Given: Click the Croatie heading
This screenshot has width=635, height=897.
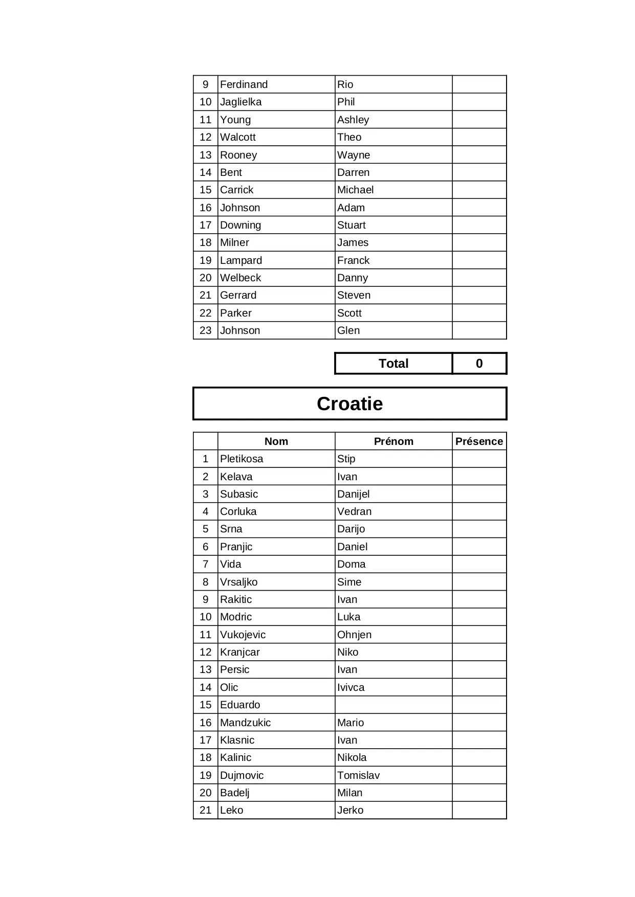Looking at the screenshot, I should coord(349,403).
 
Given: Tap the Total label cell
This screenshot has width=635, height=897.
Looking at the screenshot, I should coord(393,364).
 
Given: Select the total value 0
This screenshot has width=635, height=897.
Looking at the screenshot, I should coord(479,364).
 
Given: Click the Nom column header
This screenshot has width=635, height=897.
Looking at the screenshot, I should coord(276,441).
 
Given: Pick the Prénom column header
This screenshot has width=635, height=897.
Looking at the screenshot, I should coord(393,441).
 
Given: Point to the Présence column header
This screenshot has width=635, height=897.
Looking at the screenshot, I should coord(479,441).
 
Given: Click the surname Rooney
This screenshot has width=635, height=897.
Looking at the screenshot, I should coord(238,155).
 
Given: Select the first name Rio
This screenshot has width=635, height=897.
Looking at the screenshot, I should coord(345,84).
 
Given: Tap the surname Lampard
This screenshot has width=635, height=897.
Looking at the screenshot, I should coord(241,260).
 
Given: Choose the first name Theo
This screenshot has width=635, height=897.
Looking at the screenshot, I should coord(349,137).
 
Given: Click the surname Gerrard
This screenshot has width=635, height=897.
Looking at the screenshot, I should coord(238,295).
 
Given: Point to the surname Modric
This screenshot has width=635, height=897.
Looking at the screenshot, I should coord(236,617).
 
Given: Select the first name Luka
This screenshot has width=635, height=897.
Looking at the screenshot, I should coord(349,617).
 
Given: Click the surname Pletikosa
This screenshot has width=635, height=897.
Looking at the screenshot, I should coord(242,459).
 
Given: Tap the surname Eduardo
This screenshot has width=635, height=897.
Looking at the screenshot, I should coord(240,705).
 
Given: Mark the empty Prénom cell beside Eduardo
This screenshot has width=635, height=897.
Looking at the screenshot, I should coord(393,705).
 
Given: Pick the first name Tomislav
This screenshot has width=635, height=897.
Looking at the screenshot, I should coord(359,775).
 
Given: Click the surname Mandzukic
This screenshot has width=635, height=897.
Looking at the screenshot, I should coord(246,723).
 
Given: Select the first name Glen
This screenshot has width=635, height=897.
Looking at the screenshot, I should coord(348,330).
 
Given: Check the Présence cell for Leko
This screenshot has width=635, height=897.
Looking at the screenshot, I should coord(479,810).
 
